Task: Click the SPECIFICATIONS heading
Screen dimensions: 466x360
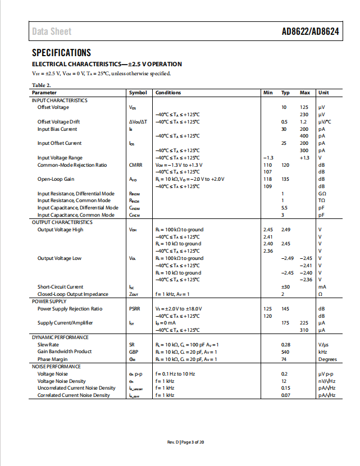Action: (x=61, y=53)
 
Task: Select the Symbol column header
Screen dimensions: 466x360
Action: (x=138, y=93)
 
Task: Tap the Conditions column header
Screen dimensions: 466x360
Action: (x=168, y=93)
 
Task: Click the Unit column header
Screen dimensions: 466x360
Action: (x=323, y=93)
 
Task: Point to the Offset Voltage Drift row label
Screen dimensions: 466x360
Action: (x=58, y=122)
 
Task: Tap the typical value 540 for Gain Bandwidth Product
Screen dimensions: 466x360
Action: (x=285, y=352)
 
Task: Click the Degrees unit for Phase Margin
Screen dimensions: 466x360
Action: (x=327, y=359)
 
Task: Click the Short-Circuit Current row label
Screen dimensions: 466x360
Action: (x=60, y=287)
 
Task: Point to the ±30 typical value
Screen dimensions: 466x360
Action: (x=285, y=287)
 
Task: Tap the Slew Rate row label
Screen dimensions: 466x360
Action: (x=48, y=345)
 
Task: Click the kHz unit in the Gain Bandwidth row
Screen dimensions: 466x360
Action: (x=322, y=352)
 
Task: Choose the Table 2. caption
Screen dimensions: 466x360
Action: (x=41, y=85)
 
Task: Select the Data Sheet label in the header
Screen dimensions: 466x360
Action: (x=52, y=31)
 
